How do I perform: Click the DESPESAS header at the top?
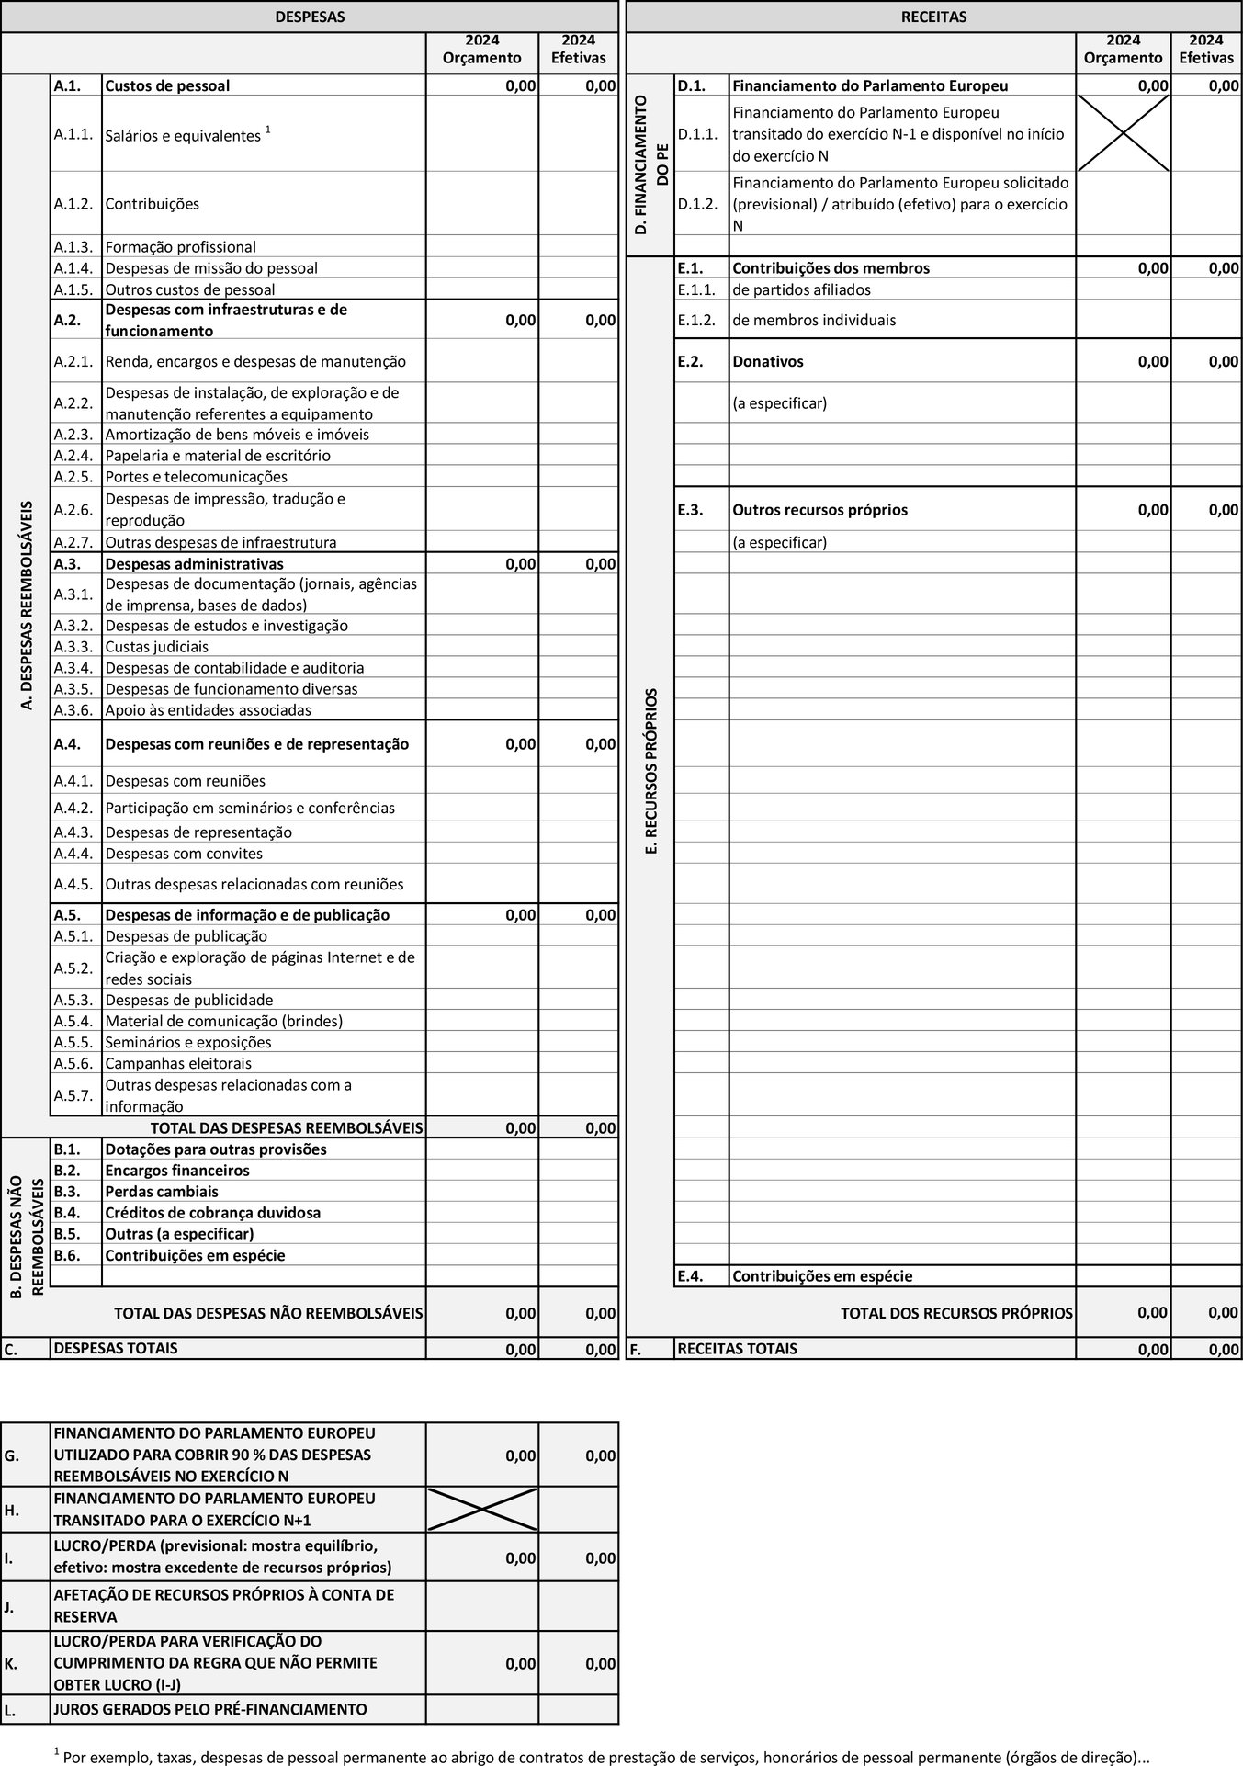pos(310,17)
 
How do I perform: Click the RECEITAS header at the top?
pos(933,17)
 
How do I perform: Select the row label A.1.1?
pos(73,134)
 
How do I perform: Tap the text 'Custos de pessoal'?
pos(167,86)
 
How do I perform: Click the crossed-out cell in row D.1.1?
pos(1123,134)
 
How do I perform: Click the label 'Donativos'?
pos(767,361)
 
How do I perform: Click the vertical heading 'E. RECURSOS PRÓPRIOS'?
pos(651,772)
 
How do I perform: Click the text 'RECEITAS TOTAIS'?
pos(737,1349)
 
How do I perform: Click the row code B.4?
pos(67,1213)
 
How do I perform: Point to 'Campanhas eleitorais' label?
pos(178,1063)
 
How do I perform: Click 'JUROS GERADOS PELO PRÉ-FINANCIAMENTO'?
pos(210,1710)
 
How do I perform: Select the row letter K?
pos(9,1663)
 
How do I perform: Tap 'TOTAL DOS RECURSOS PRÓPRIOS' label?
pos(956,1313)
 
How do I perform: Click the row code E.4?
pos(690,1276)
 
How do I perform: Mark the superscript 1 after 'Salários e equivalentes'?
pos(267,130)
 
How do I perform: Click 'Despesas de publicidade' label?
pos(189,1000)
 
